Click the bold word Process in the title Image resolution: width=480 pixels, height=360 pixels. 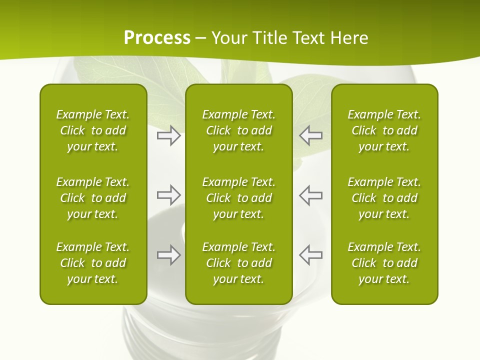157,38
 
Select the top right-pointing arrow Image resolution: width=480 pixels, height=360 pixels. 168,135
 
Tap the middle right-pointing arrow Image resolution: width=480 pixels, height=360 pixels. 168,195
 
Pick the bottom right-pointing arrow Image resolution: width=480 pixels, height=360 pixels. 168,255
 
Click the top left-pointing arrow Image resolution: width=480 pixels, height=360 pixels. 310,135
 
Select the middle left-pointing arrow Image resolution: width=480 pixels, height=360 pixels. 310,195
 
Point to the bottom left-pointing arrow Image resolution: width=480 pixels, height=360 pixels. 310,255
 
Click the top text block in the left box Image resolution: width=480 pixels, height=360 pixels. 93,130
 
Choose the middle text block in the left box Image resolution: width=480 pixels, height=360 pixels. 93,198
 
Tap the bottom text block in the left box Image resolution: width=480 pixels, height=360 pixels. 93,263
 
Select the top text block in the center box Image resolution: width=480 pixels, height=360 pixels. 238,130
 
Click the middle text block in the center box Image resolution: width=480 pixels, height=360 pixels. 238,198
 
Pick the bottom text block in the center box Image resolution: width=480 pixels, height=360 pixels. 238,263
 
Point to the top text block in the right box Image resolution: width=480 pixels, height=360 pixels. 384,130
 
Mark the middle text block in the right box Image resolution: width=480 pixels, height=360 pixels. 384,198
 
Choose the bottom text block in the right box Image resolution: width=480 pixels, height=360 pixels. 384,263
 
